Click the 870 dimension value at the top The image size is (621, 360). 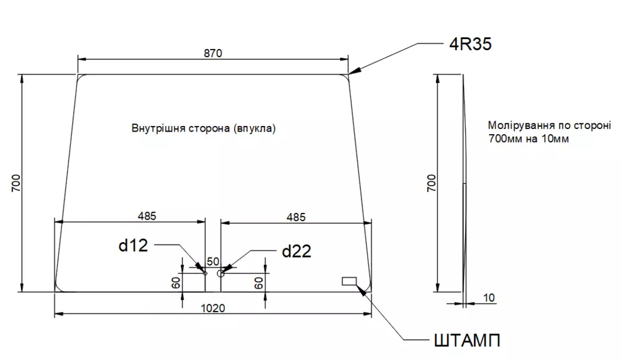[x=212, y=53]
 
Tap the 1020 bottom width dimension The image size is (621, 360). [x=213, y=307]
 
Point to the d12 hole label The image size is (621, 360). [x=133, y=246]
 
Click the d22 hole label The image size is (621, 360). [x=296, y=251]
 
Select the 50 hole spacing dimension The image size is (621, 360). [x=213, y=261]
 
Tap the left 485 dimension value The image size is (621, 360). [x=147, y=216]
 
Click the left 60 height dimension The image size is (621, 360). [x=176, y=282]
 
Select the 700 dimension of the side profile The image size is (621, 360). [x=432, y=183]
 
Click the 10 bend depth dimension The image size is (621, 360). [x=489, y=298]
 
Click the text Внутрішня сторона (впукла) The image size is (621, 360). [x=203, y=128]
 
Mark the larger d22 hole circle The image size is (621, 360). [x=220, y=272]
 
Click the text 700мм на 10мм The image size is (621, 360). [x=528, y=138]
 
